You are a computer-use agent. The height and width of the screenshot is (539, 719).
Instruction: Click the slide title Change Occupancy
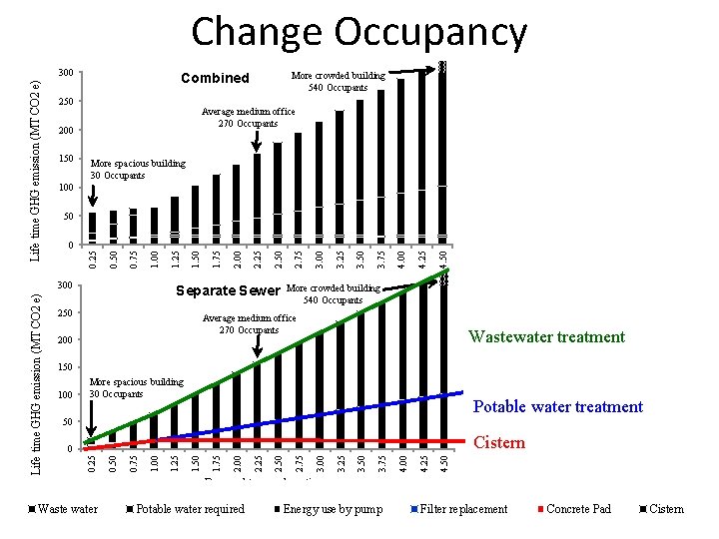pos(359,32)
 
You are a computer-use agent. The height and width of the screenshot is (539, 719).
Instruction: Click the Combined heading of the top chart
pos(215,78)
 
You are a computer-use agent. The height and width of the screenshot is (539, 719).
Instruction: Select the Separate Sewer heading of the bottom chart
pos(228,291)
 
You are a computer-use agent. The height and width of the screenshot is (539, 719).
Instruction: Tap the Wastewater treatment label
pos(546,337)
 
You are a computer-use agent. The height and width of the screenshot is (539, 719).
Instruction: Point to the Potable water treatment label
pos(557,407)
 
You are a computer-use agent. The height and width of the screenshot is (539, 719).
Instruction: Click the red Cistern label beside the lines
pos(498,443)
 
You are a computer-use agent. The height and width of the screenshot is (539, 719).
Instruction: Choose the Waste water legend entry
pos(67,509)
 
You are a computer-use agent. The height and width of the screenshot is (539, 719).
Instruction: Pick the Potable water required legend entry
pos(190,509)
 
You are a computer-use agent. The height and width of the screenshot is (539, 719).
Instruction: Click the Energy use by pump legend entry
pos(332,509)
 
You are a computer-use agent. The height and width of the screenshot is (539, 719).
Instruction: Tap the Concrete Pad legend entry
pos(578,509)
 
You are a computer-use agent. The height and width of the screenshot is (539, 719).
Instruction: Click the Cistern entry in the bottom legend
pos(666,509)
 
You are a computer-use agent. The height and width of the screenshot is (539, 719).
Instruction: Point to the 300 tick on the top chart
pos(66,73)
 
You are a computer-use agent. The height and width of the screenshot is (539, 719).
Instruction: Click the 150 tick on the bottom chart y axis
pos(66,368)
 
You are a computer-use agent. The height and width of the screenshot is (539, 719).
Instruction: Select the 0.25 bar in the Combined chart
pos(93,229)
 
